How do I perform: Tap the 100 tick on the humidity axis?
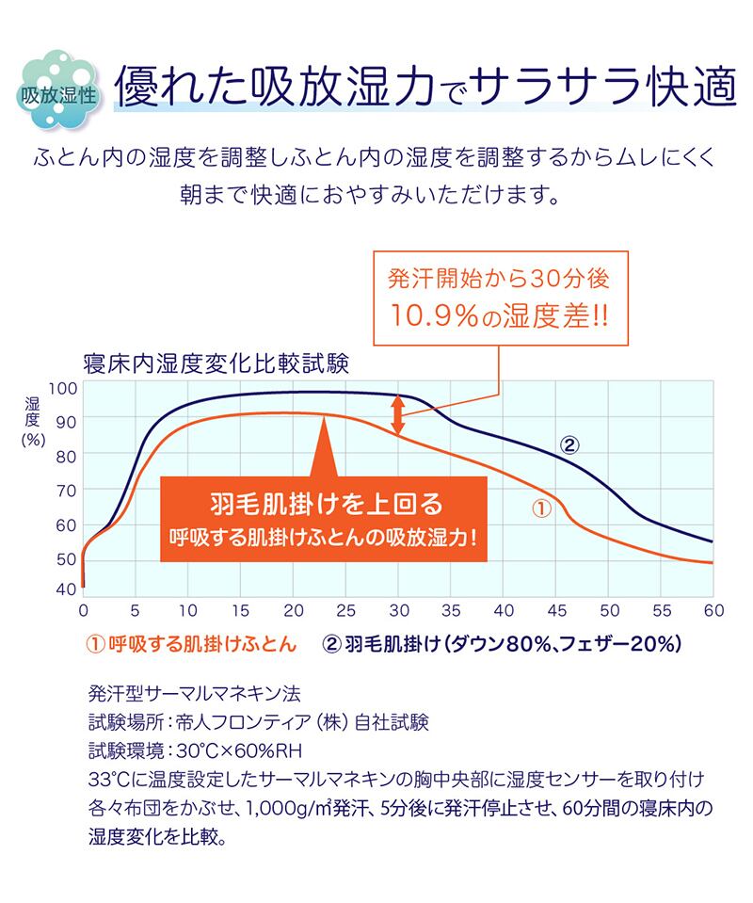tap(61, 389)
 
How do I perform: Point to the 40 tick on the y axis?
tap(64, 589)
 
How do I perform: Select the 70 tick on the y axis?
tap(64, 491)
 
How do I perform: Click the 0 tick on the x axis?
tap(83, 610)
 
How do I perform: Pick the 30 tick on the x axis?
tap(399, 610)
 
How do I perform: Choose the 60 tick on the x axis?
tap(713, 610)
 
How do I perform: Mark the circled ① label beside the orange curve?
tap(541, 509)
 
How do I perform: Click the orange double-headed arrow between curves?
tap(398, 411)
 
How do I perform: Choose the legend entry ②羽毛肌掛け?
tap(500, 644)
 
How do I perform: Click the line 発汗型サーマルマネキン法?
tap(193, 695)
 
